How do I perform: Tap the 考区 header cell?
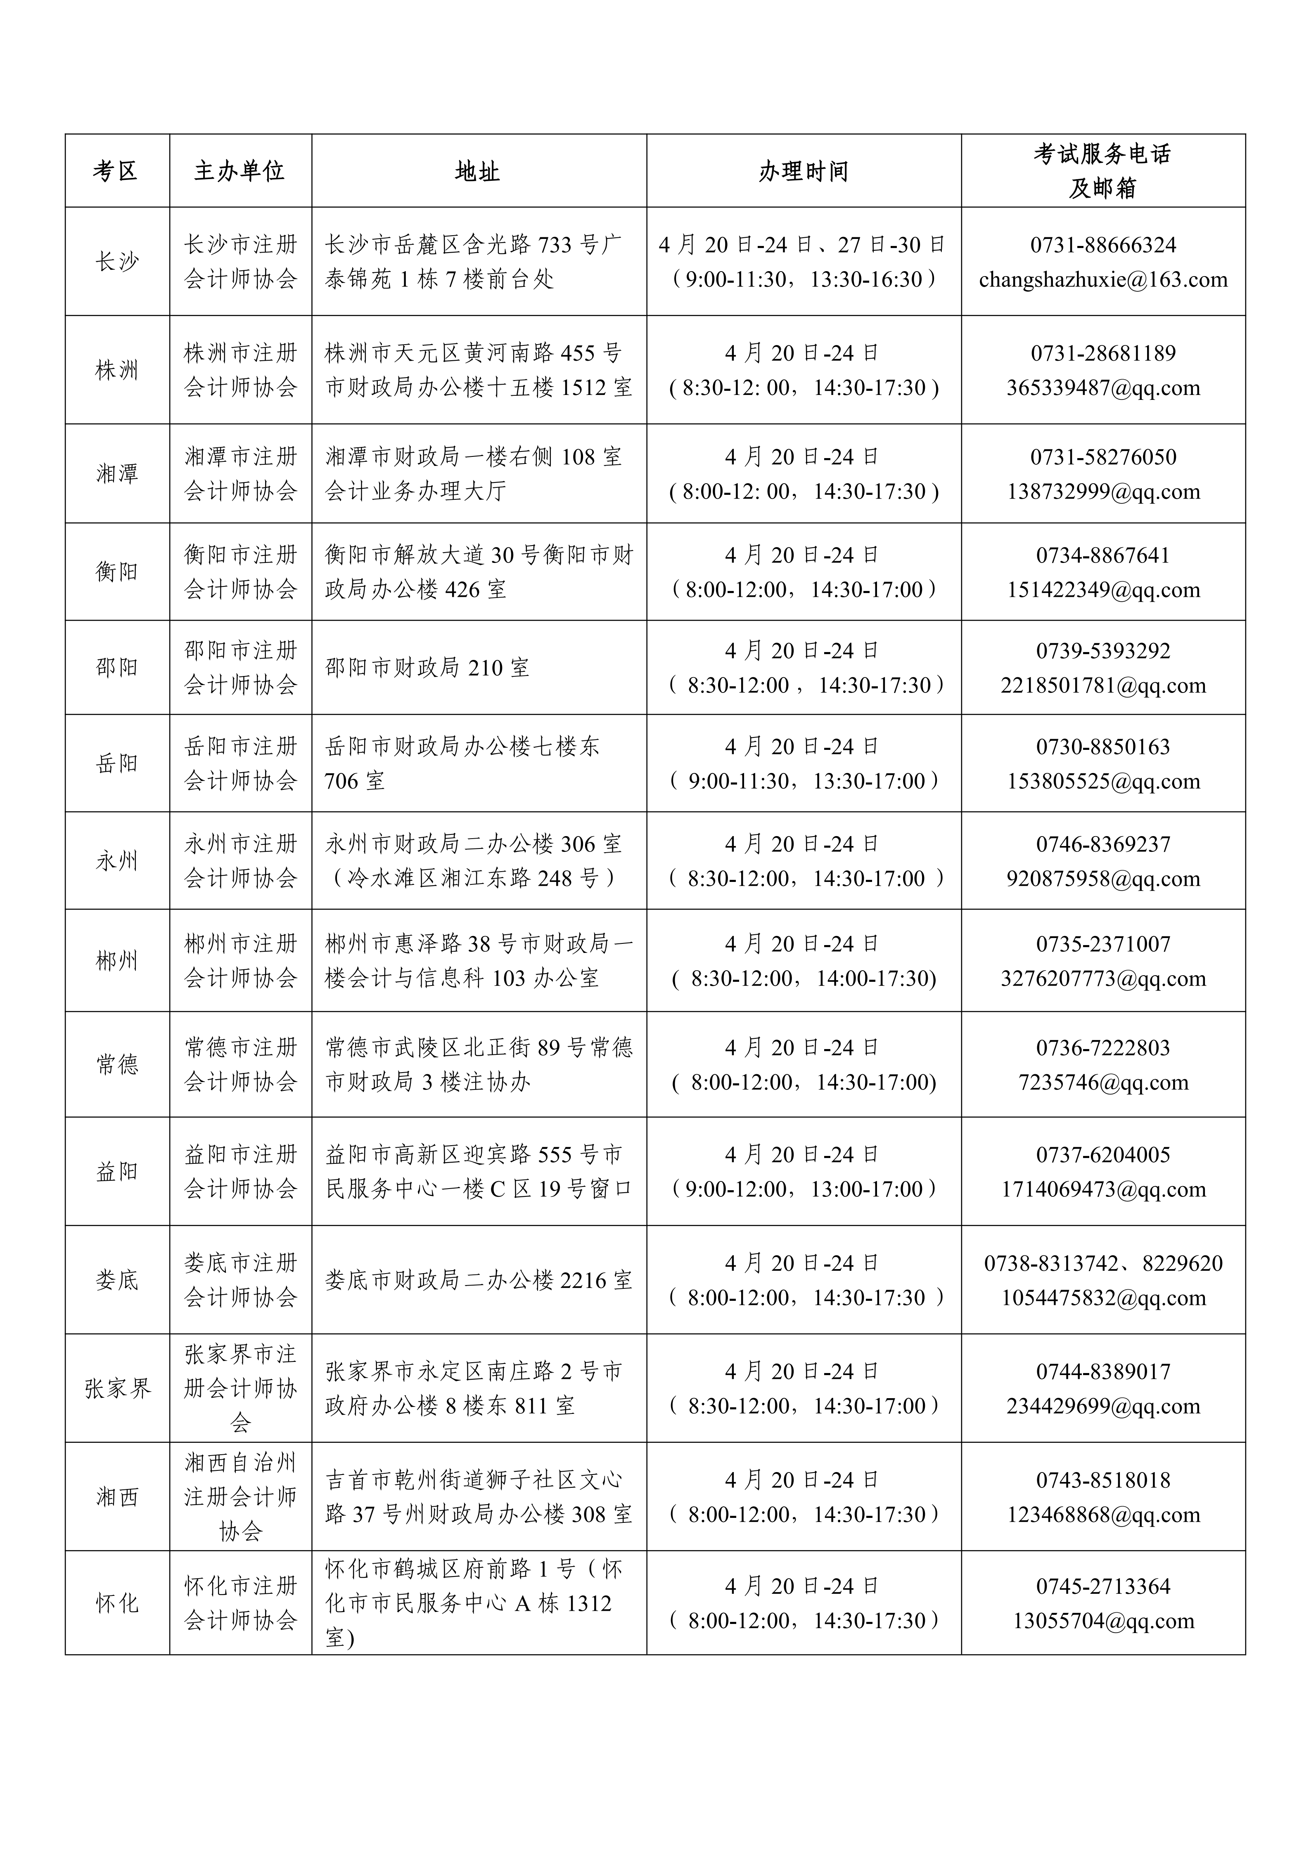116,171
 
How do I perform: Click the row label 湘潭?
116,474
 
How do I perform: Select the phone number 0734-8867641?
1103,555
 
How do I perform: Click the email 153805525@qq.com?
1103,781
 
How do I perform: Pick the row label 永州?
116,861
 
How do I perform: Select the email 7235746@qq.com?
1103,1082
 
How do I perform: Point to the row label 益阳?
116,1171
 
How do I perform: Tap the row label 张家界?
116,1389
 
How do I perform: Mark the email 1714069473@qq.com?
1103,1190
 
